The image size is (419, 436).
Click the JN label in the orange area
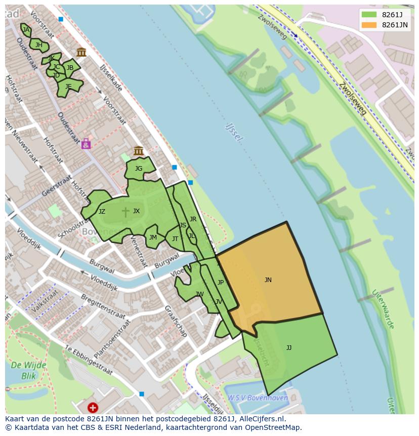click(x=268, y=280)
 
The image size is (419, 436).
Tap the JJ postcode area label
click(x=288, y=348)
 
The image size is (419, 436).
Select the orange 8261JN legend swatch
click(x=369, y=25)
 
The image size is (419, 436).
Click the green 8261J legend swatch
click(x=369, y=15)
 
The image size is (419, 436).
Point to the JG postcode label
click(x=139, y=169)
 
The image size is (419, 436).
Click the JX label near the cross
click(x=136, y=211)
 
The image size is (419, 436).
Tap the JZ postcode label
click(x=102, y=212)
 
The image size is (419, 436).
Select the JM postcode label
click(x=153, y=237)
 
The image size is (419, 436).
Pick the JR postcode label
click(x=193, y=219)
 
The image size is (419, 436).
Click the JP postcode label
click(x=220, y=283)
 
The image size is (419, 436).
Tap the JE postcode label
click(x=68, y=87)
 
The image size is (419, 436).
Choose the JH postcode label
click(x=39, y=45)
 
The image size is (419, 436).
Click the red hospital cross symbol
click(x=93, y=407)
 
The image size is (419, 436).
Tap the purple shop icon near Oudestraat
click(x=86, y=144)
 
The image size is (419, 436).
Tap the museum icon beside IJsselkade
click(x=81, y=52)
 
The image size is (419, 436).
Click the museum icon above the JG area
click(x=138, y=150)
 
